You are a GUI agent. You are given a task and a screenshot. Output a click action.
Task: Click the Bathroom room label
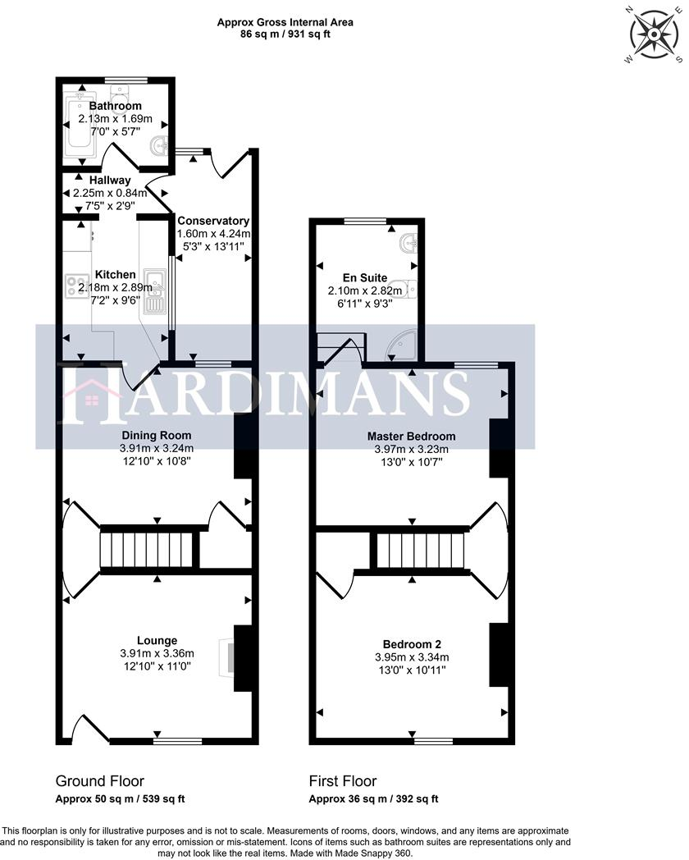click(x=115, y=106)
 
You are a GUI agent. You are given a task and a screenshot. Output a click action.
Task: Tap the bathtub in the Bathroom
click(x=80, y=123)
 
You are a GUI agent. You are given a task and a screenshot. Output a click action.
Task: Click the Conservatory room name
click(x=212, y=221)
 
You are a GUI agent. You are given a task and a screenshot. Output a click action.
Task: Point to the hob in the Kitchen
click(x=77, y=285)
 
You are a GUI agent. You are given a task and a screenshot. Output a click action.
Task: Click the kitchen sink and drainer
click(x=153, y=291)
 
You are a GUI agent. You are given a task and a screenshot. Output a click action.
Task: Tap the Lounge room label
click(x=157, y=640)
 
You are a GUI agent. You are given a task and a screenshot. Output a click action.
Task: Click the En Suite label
click(x=365, y=277)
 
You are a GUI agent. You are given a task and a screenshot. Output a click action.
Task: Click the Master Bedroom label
click(x=411, y=436)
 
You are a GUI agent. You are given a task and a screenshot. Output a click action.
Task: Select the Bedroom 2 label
click(x=411, y=643)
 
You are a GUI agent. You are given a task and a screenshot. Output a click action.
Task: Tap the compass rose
click(x=655, y=33)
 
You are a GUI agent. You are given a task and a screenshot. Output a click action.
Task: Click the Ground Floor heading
click(x=99, y=780)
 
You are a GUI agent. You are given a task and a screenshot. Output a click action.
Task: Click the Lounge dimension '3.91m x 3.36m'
click(x=157, y=653)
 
